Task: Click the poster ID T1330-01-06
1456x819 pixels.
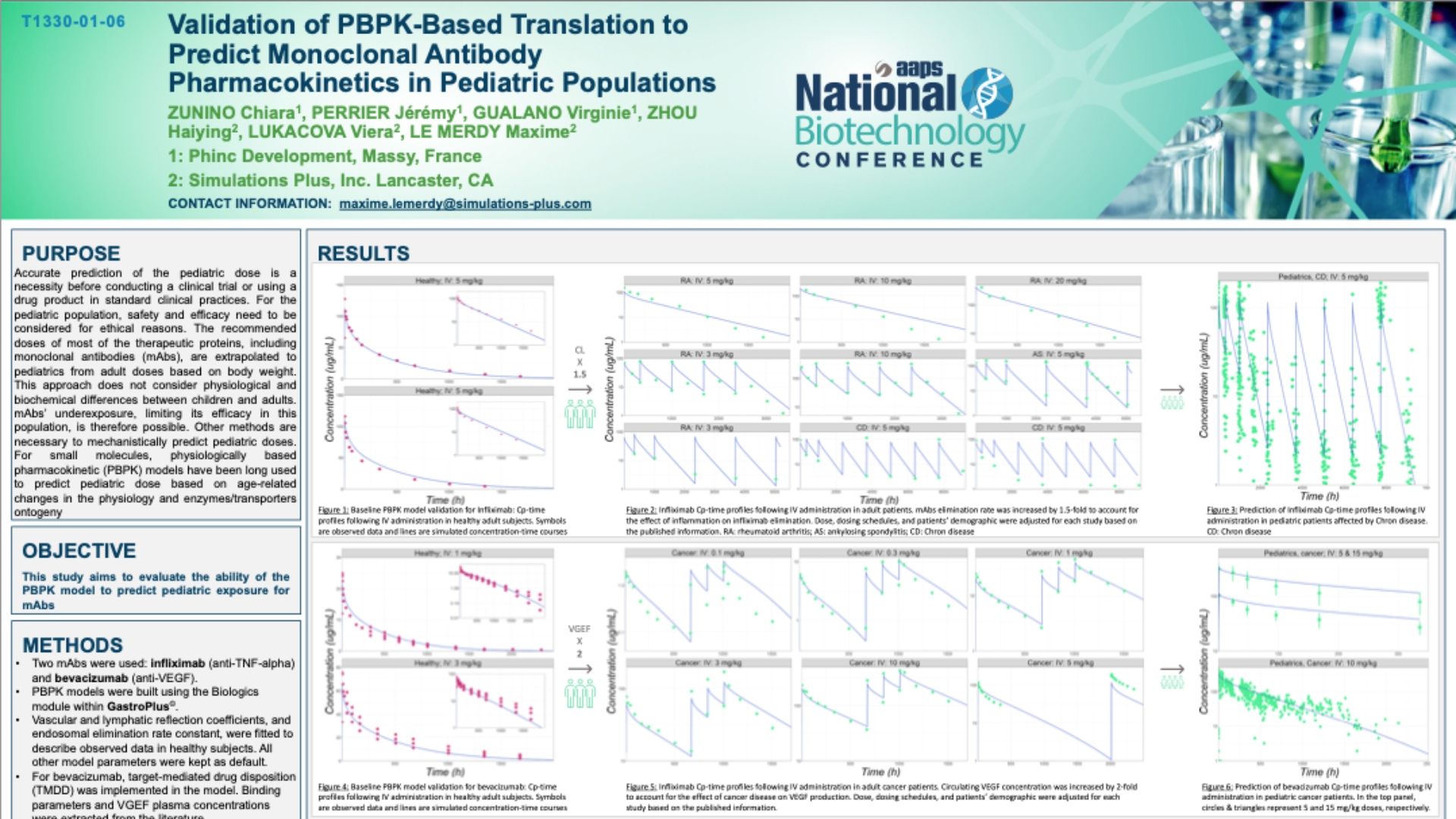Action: (x=74, y=21)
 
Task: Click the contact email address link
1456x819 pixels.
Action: (x=465, y=204)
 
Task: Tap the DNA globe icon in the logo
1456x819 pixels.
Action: (x=987, y=93)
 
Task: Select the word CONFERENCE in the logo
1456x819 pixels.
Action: (x=890, y=160)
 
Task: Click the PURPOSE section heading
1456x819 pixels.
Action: (x=71, y=253)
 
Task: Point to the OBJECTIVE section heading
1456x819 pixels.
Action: (x=79, y=551)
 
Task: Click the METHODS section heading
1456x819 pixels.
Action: (x=73, y=645)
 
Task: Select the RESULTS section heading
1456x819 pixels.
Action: (x=363, y=253)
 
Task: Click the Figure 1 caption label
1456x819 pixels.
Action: (x=333, y=510)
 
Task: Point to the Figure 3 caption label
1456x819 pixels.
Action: (x=1222, y=510)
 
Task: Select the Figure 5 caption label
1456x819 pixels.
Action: (x=641, y=787)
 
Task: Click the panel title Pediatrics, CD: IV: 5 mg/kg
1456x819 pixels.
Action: (x=1323, y=277)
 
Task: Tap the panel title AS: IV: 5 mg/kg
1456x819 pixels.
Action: (x=1058, y=354)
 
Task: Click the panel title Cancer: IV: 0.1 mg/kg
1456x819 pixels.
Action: (x=708, y=553)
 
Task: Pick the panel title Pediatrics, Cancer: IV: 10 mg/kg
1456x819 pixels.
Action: (x=1323, y=663)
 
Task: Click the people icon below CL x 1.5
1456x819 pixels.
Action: (x=579, y=415)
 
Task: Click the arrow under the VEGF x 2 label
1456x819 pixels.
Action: (x=579, y=669)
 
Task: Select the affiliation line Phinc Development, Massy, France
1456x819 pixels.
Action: (x=325, y=156)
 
